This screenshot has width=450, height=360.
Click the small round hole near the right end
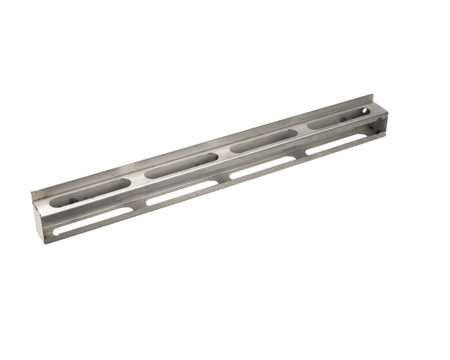(x=365, y=112)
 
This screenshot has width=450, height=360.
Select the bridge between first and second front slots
(x=139, y=207)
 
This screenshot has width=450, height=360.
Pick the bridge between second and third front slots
(x=224, y=181)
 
